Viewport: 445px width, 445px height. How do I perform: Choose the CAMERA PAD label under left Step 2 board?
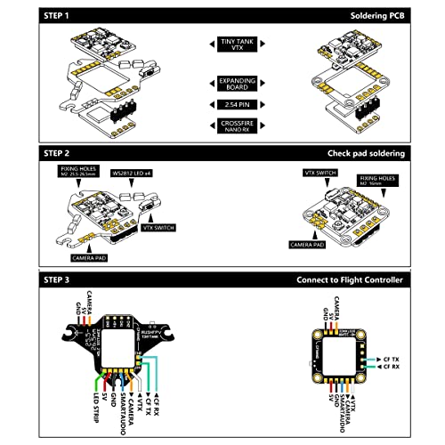pyautogui.click(x=91, y=258)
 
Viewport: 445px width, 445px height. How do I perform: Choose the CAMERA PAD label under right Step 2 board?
pyautogui.click(x=308, y=242)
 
